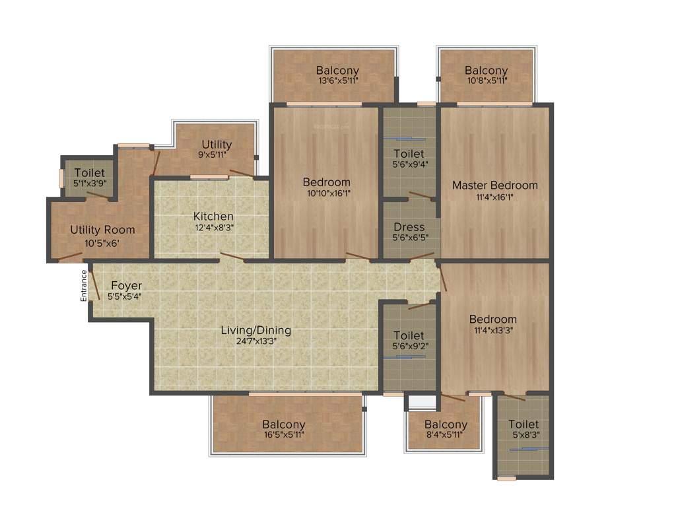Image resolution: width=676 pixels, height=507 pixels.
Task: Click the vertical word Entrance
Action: click(84, 286)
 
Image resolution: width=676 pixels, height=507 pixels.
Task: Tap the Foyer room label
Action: click(125, 286)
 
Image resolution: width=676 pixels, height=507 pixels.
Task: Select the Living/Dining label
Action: click(256, 330)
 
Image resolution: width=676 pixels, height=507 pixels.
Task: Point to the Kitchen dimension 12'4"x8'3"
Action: click(213, 227)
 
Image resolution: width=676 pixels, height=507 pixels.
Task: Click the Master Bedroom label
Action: click(494, 185)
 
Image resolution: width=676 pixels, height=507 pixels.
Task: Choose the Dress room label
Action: click(409, 227)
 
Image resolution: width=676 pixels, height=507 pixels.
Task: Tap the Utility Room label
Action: click(102, 230)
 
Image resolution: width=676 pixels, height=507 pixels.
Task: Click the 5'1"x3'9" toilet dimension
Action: click(89, 184)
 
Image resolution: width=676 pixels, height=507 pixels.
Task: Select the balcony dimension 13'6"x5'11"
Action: click(337, 82)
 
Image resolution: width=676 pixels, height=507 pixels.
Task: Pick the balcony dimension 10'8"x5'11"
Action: click(486, 82)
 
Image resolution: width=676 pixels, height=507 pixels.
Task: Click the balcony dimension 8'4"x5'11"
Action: click(446, 435)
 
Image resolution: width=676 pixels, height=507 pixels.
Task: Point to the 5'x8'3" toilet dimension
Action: click(524, 435)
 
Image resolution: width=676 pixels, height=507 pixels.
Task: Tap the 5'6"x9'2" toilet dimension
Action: click(409, 347)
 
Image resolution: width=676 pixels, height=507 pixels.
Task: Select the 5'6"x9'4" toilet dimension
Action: click(409, 165)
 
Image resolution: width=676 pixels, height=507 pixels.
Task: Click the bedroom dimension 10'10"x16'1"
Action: click(327, 193)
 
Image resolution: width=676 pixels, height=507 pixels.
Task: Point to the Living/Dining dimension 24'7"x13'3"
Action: click(256, 341)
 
